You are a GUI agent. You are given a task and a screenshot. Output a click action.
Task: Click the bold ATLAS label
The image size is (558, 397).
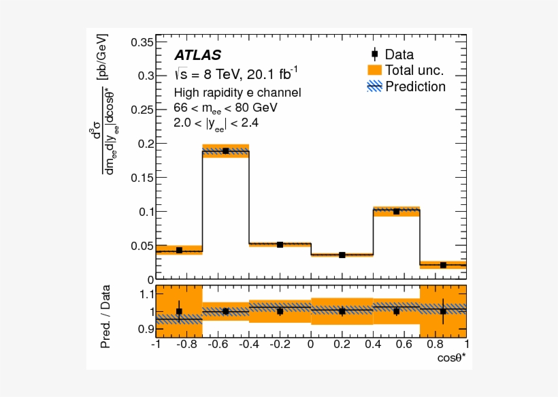point(197,54)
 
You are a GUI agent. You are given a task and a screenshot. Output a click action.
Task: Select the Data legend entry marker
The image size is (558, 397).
point(374,54)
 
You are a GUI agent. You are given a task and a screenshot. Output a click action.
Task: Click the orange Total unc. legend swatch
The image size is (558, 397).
point(374,70)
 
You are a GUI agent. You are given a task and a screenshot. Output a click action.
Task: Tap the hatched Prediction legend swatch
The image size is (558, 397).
point(374,86)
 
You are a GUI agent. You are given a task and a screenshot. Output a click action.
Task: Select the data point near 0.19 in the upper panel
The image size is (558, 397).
point(225,150)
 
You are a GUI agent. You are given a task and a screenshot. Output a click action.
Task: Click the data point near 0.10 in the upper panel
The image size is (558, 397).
point(396,211)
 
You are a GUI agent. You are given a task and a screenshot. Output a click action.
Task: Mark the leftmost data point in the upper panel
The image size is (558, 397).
point(179,250)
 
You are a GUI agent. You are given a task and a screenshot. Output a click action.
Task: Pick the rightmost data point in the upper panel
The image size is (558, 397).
point(443,265)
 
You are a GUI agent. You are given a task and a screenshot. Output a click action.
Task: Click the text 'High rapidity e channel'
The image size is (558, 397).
point(237,93)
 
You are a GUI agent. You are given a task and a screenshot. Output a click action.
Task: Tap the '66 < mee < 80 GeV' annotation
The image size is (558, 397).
point(225,108)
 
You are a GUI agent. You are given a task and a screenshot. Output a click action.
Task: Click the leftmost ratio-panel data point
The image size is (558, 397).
point(179,311)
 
